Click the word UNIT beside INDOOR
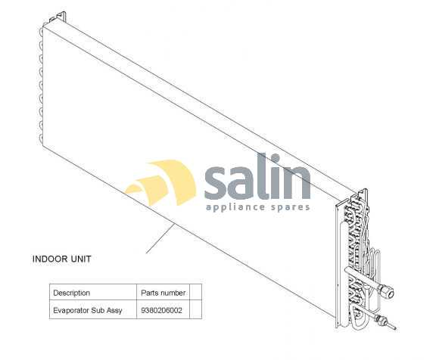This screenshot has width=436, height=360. coord(81,259)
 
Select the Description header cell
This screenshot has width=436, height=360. coord(93,292)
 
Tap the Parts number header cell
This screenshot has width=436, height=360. coord(163,292)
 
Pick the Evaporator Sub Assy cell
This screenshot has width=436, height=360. coord(93,309)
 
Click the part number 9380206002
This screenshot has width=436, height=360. coord(163,309)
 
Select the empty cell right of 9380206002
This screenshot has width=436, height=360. coord(196,309)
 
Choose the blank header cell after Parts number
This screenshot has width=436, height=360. coord(196,292)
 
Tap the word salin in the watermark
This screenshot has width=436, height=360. coord(257,178)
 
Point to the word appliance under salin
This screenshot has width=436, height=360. coord(235,207)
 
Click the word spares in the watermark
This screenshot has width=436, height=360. coord(290,208)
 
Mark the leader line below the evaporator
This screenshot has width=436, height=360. coord(160,238)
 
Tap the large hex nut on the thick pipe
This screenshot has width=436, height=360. coord(388,292)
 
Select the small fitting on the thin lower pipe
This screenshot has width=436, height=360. coord(379,319)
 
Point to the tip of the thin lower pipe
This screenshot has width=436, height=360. coord(396,330)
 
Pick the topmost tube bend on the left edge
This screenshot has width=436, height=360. coord(42,30)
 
